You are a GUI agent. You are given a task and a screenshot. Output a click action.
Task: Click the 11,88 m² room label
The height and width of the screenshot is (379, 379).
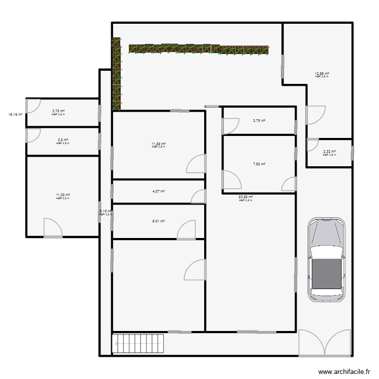coord(159,144)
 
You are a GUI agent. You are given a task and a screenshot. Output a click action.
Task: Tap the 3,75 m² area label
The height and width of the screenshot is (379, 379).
coord(259,121)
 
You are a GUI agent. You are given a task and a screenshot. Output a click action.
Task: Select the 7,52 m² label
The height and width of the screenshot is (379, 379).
coord(259,164)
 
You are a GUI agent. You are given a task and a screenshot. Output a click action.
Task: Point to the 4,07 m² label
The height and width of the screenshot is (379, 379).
coord(159,192)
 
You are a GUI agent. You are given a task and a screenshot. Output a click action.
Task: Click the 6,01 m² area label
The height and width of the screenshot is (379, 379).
coord(159,221)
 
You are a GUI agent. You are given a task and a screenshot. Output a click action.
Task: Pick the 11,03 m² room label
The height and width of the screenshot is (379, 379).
coord(63,195)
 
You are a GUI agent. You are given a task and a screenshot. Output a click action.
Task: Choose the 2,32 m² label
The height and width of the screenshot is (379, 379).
coord(329,151)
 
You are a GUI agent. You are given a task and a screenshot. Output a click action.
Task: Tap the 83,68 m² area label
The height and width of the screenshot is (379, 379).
coord(246,197)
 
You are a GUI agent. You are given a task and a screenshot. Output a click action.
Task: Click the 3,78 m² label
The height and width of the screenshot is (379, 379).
coord(59,111)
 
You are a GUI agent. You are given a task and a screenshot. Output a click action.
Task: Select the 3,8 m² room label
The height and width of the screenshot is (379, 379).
coord(63,140)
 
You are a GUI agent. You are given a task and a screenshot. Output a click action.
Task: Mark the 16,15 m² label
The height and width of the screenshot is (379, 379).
coord(15,115)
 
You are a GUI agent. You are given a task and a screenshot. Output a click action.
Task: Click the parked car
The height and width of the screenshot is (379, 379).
coord(326,259)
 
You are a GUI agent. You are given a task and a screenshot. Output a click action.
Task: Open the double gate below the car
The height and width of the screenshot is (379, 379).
coord(325,343)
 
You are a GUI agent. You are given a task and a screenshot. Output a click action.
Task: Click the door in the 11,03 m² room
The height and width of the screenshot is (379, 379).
coord(53,228)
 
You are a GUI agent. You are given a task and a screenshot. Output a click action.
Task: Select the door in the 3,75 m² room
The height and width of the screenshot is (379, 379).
coord(230,126)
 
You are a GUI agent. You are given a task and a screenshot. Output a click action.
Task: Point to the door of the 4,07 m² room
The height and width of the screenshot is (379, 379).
coord(199,197)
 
